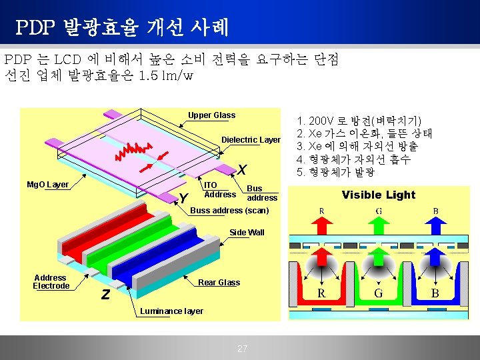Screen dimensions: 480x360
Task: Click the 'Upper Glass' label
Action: [211, 115]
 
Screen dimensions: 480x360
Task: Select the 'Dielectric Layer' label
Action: [251, 140]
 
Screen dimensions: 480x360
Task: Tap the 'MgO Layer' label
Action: [47, 185]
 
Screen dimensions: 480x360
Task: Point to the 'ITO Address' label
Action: [219, 190]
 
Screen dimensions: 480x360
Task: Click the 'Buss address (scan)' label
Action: [230, 211]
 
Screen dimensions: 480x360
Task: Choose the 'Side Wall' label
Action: [247, 233]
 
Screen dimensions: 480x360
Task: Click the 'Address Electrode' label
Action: [51, 282]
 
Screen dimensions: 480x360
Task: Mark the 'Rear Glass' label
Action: [219, 283]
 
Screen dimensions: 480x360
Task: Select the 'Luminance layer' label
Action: [171, 311]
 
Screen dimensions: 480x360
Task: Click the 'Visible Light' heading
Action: [378, 195]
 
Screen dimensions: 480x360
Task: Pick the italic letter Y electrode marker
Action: [184, 198]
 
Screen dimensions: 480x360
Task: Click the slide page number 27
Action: [242, 349]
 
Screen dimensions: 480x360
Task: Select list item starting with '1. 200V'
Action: [359, 121]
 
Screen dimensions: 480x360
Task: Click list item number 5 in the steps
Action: [336, 172]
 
